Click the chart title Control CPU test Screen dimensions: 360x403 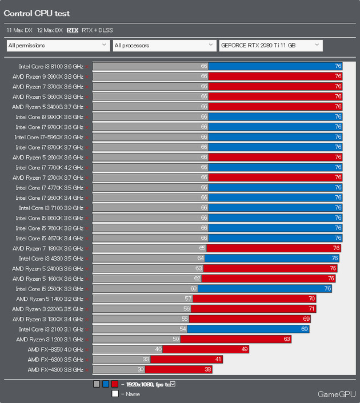coord(37,13)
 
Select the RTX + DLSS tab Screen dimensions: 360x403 coord(97,30)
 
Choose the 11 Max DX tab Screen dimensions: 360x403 coord(19,30)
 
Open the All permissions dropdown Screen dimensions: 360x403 coord(58,46)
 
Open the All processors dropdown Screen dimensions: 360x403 coord(165,46)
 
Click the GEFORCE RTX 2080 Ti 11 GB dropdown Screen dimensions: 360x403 coord(271,46)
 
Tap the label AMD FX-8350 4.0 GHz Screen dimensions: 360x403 coord(55,349)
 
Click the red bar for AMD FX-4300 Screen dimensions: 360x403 coord(178,369)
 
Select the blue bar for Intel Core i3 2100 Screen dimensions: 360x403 coord(249,329)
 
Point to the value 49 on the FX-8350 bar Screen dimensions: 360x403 coord(245,349)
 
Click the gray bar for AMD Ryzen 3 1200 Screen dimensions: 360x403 coord(137,339)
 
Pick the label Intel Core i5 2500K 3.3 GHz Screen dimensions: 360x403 coord(49,289)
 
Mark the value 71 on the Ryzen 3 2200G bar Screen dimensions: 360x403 coord(311,309)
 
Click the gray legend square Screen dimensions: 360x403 coord(97,384)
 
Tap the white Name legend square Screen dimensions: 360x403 coord(115,394)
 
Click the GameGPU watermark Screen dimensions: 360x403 coord(337,394)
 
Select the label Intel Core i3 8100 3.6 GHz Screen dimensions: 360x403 coord(51,67)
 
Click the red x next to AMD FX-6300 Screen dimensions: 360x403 coord(87,360)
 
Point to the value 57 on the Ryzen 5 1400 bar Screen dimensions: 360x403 coord(188,299)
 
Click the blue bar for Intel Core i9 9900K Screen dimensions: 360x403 coord(275,116)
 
